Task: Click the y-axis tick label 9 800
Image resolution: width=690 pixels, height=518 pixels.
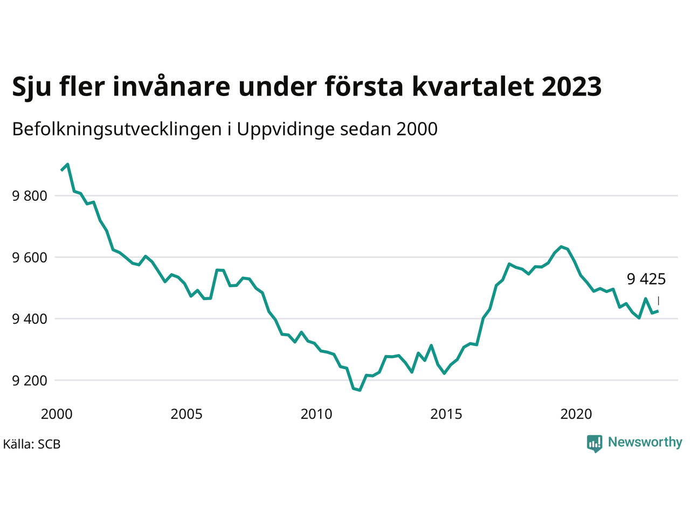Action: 30,196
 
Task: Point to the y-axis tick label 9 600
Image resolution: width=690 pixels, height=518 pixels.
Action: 30,257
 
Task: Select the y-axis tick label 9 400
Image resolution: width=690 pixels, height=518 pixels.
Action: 30,319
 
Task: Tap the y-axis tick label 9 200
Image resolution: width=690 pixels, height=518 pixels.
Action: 30,380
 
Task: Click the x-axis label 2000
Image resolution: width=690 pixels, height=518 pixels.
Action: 57,414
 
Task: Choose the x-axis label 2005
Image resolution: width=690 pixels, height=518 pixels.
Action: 187,414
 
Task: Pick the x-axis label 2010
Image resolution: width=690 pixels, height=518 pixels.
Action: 316,414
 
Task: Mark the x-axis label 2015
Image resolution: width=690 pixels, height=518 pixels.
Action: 446,414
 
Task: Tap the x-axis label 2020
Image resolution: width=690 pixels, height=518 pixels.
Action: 576,414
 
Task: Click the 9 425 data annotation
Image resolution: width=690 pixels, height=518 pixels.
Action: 646,279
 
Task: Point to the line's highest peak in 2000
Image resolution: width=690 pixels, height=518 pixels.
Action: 67,164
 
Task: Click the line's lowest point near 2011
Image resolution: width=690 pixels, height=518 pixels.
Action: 360,390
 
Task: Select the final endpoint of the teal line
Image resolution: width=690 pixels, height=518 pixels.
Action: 658,311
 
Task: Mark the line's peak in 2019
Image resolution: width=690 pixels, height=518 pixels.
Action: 561,247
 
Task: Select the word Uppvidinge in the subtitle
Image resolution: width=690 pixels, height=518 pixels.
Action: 285,129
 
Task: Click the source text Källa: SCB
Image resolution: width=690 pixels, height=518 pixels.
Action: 32,444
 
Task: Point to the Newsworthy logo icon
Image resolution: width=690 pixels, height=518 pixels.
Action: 595,444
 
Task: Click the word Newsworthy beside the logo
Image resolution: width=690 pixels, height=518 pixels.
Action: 645,442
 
